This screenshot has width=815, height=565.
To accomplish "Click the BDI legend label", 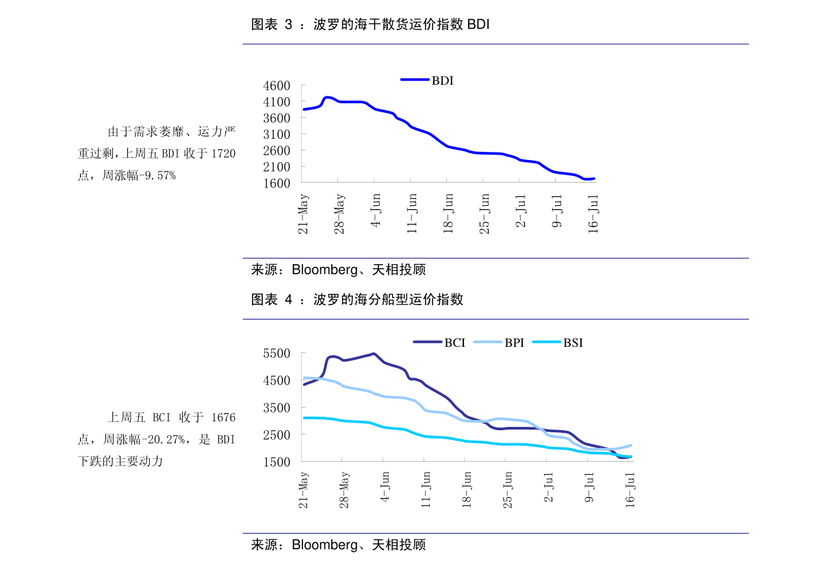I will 442,80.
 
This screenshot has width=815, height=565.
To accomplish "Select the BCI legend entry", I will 454,343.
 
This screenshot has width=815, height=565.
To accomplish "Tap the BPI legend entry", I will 514,343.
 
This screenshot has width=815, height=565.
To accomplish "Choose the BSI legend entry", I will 573,343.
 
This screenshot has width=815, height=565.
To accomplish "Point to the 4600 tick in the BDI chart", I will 276,86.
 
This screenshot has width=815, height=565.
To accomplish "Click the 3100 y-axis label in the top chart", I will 276,134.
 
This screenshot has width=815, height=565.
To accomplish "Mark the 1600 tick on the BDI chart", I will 276,183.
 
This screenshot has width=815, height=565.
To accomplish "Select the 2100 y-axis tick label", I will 276,167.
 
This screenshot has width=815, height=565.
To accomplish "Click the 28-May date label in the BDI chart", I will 339,213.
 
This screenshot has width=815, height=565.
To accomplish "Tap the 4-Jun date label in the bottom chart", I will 385,487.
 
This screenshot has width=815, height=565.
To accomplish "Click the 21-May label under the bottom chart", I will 304,490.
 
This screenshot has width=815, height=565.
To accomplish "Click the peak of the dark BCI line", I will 373,354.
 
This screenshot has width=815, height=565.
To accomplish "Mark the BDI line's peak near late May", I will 327,97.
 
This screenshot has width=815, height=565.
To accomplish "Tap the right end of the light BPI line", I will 630,445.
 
